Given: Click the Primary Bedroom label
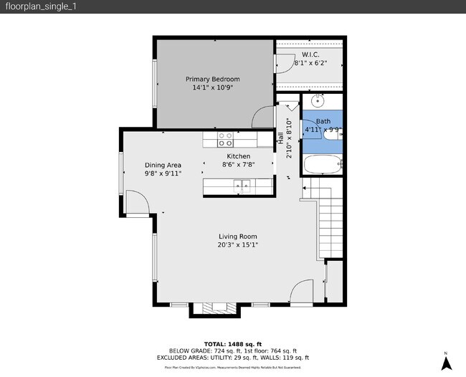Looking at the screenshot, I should [212, 79].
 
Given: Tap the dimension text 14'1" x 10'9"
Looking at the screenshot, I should [212, 87].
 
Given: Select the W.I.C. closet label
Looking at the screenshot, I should [310, 54].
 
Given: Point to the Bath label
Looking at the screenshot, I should [323, 122].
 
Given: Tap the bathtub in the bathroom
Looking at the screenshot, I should [323, 166].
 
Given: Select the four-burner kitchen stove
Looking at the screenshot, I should [225, 135].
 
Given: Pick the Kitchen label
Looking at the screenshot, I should [239, 156].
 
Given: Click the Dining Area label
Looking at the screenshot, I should [163, 164].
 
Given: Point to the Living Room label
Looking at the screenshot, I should [238, 237].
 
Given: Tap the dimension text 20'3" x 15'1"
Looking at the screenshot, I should [238, 245].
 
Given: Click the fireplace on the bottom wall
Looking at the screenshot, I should [214, 309].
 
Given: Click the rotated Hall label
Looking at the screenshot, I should [281, 138].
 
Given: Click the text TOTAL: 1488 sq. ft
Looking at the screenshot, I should [232, 344].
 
